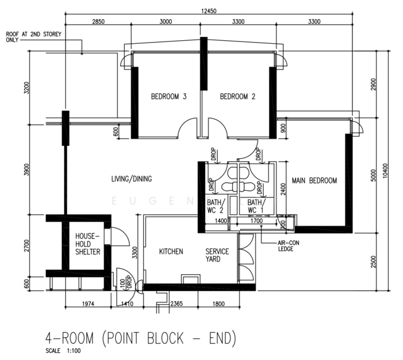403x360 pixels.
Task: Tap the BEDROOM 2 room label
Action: click(x=237, y=97)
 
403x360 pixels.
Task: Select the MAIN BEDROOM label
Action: click(x=314, y=181)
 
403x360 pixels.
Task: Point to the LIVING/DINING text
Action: click(x=132, y=179)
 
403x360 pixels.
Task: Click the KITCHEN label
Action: click(x=171, y=251)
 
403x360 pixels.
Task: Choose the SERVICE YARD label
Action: click(x=217, y=255)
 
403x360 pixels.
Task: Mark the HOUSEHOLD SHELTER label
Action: click(x=88, y=245)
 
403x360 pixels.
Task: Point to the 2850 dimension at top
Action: click(x=98, y=22)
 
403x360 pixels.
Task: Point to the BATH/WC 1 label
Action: click(x=255, y=206)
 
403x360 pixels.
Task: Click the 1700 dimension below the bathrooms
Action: click(x=256, y=222)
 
